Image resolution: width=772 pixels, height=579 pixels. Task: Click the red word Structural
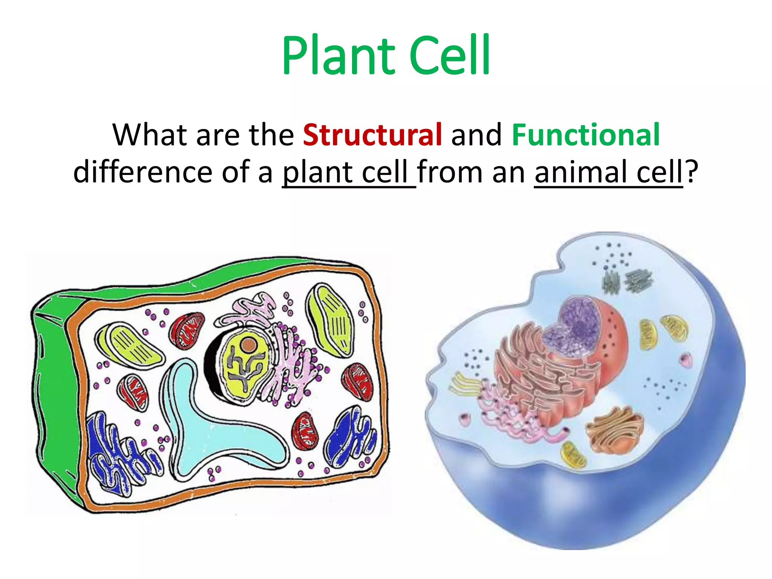(x=372, y=135)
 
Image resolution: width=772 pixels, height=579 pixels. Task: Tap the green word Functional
(x=585, y=135)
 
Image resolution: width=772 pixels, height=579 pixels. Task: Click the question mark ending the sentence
(x=692, y=172)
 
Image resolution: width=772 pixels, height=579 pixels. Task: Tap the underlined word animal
(x=581, y=172)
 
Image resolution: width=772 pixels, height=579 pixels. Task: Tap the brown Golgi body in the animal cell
(x=614, y=430)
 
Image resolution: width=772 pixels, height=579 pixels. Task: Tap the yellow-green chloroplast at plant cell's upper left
(x=130, y=345)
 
